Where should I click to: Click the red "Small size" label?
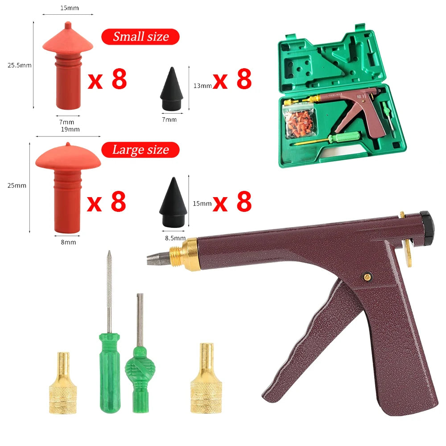pyautogui.click(x=140, y=37)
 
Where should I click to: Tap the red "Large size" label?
pyautogui.click(x=140, y=150)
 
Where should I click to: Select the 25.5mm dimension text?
pyautogui.click(x=20, y=65)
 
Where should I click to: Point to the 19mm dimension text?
pyautogui.click(x=70, y=129)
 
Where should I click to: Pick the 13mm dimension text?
pyautogui.click(x=202, y=86)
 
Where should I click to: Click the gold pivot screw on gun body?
pyautogui.click(x=367, y=277)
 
